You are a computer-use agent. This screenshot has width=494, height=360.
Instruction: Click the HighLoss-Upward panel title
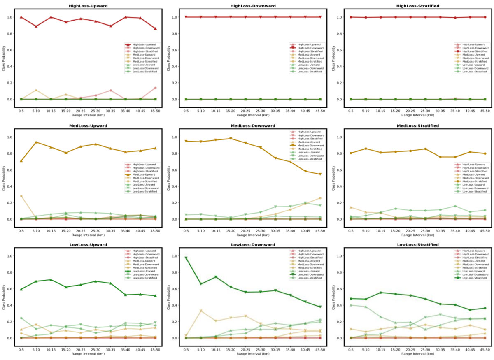click(x=88, y=6)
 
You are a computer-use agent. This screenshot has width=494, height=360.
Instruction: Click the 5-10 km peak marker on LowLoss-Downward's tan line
click(x=201, y=311)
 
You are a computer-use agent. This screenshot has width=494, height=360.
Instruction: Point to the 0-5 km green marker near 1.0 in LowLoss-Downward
click(x=186, y=258)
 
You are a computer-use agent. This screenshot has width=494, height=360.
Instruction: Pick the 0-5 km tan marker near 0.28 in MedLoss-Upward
click(x=21, y=196)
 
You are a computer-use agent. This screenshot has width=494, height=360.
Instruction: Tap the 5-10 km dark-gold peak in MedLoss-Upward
click(x=36, y=142)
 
